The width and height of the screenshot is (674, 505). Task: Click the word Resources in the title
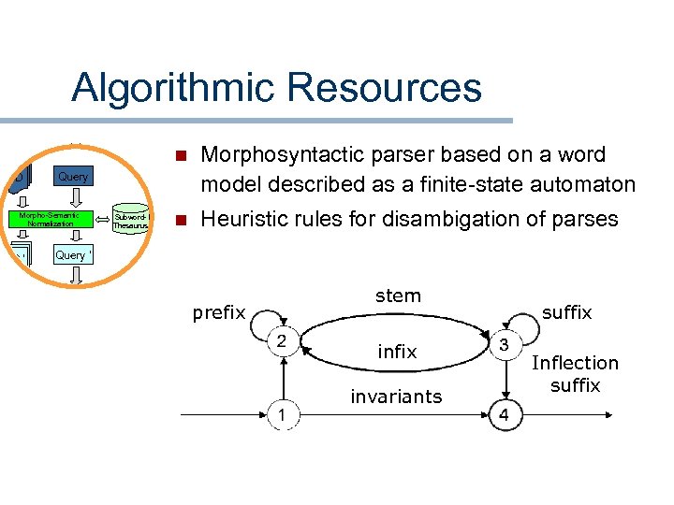pos(385,88)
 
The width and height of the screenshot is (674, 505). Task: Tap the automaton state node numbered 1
pos(279,413)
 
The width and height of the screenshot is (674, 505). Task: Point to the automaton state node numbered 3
pos(504,344)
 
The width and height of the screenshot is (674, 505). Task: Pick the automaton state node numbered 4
pos(504,414)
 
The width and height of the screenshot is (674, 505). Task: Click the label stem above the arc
pos(398,296)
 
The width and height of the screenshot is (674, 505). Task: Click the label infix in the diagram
pos(397,352)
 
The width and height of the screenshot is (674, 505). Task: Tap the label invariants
pos(396,397)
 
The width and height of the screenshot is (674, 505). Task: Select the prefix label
pos(218,313)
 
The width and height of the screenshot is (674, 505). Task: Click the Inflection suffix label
pos(575,374)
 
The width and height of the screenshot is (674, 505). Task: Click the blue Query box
pos(73,177)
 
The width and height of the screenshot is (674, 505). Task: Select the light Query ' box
pos(73,255)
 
